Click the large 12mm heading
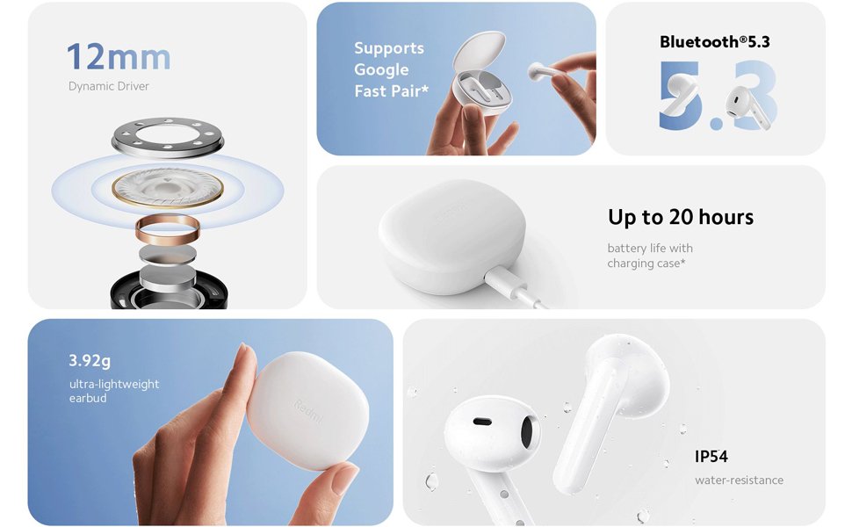(x=119, y=57)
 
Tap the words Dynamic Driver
(x=109, y=86)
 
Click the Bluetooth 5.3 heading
(x=714, y=41)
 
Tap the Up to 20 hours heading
(x=681, y=217)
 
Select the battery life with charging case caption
(x=650, y=256)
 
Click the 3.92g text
(x=90, y=361)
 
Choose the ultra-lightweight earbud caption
(x=114, y=391)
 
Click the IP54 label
(x=711, y=457)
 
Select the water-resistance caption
(x=739, y=480)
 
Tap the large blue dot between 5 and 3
(x=715, y=122)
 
